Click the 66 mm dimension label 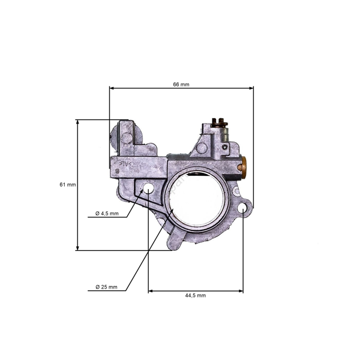click(181, 85)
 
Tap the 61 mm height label click(68, 185)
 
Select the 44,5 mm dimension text click(196, 295)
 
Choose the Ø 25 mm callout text click(106, 287)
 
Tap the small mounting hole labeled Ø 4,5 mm click(148, 190)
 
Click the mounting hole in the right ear click(243, 208)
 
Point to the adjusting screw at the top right click(220, 124)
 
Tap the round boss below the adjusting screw click(202, 147)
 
